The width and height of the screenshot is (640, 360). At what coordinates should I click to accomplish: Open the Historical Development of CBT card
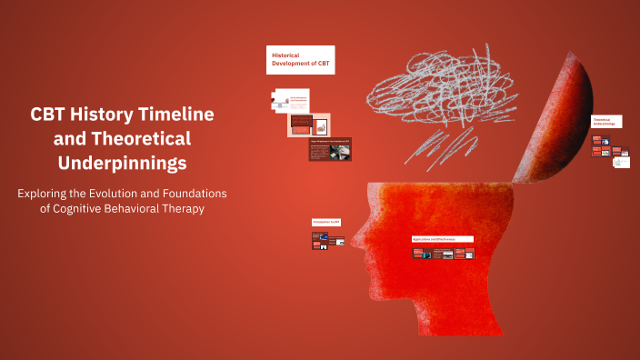(300, 60)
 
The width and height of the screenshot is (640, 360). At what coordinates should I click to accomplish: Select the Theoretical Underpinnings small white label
(606, 121)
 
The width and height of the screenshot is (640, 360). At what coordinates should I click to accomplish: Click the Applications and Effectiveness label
(442, 239)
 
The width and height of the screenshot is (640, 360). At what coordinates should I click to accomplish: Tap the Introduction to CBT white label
(327, 223)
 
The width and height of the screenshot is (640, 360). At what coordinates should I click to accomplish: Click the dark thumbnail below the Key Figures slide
(330, 150)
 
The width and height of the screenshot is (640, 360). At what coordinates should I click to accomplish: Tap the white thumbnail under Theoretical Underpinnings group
(621, 162)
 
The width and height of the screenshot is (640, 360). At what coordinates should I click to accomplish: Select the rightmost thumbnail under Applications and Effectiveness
(470, 254)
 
